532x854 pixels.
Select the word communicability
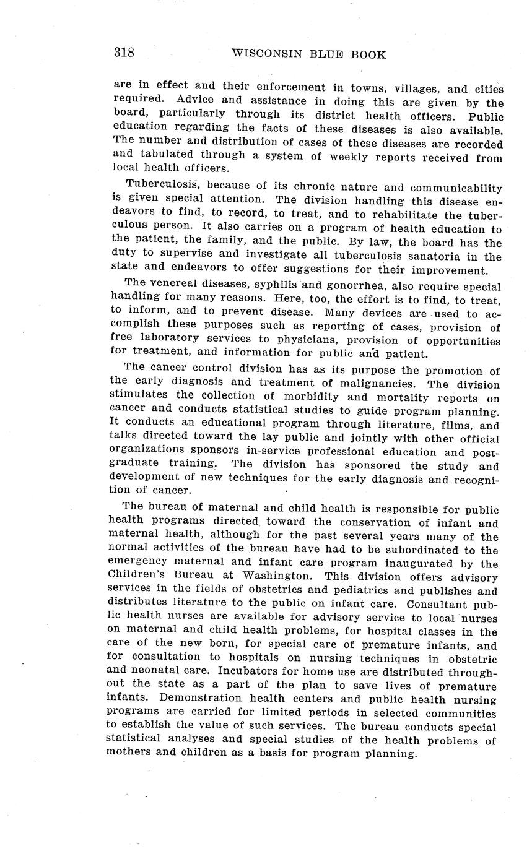click(x=444, y=188)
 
